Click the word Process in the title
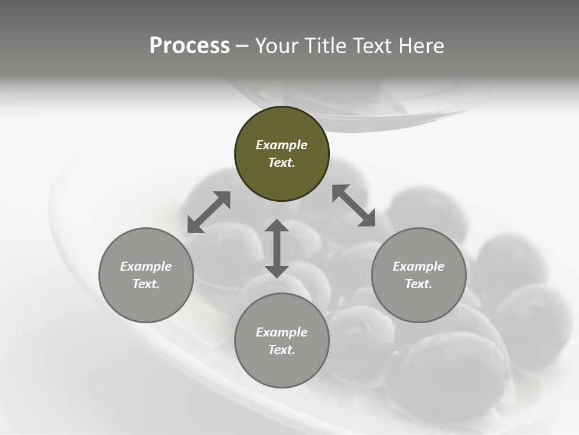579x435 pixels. point(189,46)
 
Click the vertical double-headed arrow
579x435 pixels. point(277,248)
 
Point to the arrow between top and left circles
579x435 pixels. point(209,212)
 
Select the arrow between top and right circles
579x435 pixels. point(353,205)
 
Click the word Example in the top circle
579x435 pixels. point(282,145)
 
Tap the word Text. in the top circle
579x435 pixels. point(282,163)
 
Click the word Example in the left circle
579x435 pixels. point(146,266)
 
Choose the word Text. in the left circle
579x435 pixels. point(146,284)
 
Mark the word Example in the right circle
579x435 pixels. point(419,266)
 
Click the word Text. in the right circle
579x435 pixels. point(419,284)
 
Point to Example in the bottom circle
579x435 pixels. point(282,332)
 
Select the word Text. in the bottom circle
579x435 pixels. point(282,350)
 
